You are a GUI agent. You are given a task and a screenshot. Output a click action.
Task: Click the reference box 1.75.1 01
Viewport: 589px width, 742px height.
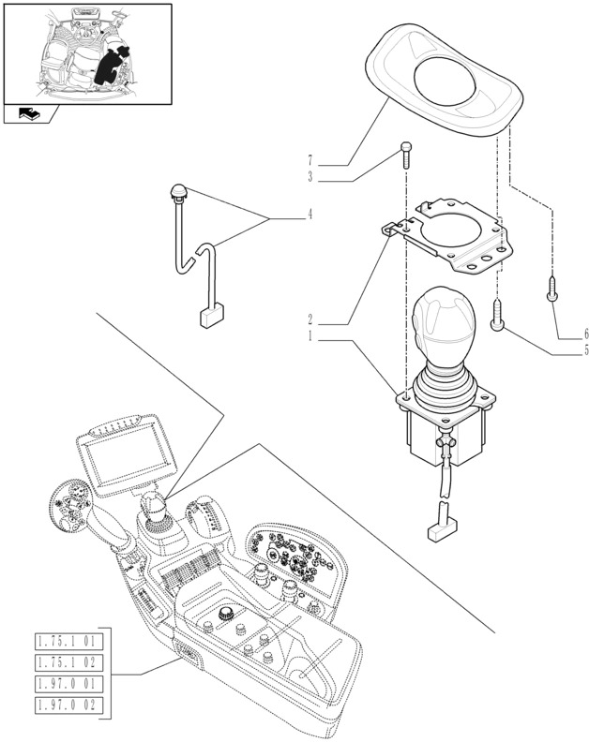tap(68, 642)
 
